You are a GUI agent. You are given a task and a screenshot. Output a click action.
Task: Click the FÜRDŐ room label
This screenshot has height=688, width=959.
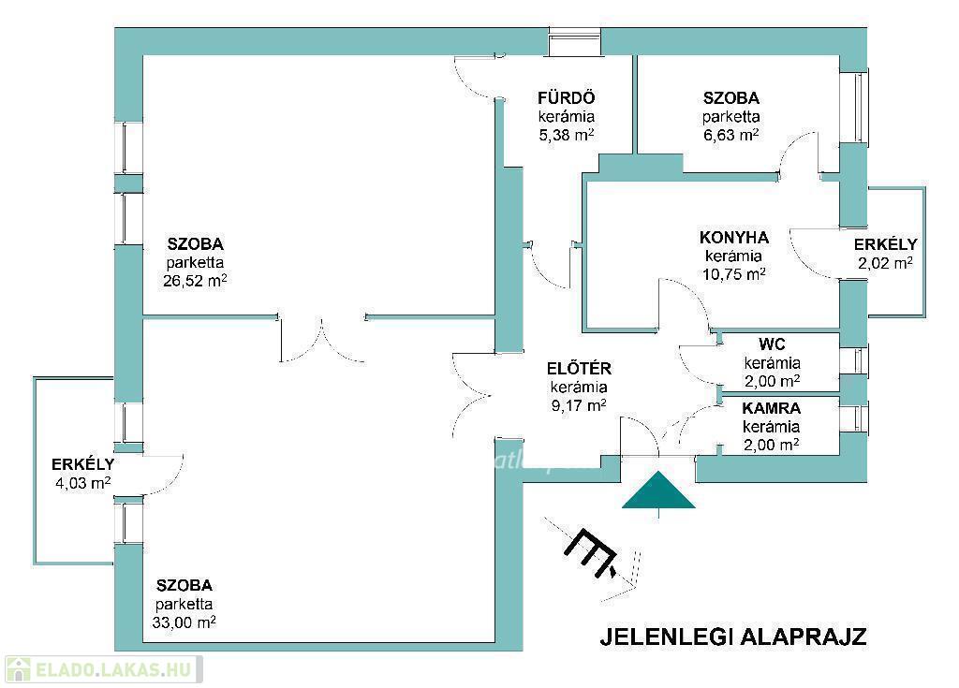[567, 98]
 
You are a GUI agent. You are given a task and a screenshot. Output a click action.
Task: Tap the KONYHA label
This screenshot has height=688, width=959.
[734, 237]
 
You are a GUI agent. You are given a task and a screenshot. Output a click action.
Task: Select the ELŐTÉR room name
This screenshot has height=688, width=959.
[579, 369]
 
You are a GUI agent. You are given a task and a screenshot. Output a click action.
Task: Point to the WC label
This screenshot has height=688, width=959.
[772, 344]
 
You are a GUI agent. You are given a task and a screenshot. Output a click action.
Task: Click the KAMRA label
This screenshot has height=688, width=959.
[772, 408]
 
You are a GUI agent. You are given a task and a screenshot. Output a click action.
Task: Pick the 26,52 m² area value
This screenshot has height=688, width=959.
[195, 281]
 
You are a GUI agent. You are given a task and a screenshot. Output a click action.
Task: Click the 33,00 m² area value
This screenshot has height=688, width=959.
[184, 622]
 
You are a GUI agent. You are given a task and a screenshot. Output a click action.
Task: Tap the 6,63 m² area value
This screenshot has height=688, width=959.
[731, 135]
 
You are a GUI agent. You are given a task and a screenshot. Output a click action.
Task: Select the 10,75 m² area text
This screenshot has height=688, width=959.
[734, 273]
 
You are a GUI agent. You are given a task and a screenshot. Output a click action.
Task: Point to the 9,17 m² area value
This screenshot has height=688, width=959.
[579, 405]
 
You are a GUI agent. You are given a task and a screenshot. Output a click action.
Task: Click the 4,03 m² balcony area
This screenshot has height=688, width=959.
[83, 483]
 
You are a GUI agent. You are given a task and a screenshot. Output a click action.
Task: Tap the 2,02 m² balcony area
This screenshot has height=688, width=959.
[886, 263]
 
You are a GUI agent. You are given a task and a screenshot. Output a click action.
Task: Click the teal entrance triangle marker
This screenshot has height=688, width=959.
[658, 491]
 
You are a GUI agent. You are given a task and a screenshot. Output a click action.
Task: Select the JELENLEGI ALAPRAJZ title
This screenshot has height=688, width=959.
[733, 636]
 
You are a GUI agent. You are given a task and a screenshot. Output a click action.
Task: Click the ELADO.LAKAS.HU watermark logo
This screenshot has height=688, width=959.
[103, 669]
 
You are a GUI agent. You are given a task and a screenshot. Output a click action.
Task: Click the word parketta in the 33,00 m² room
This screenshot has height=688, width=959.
[184, 604]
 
